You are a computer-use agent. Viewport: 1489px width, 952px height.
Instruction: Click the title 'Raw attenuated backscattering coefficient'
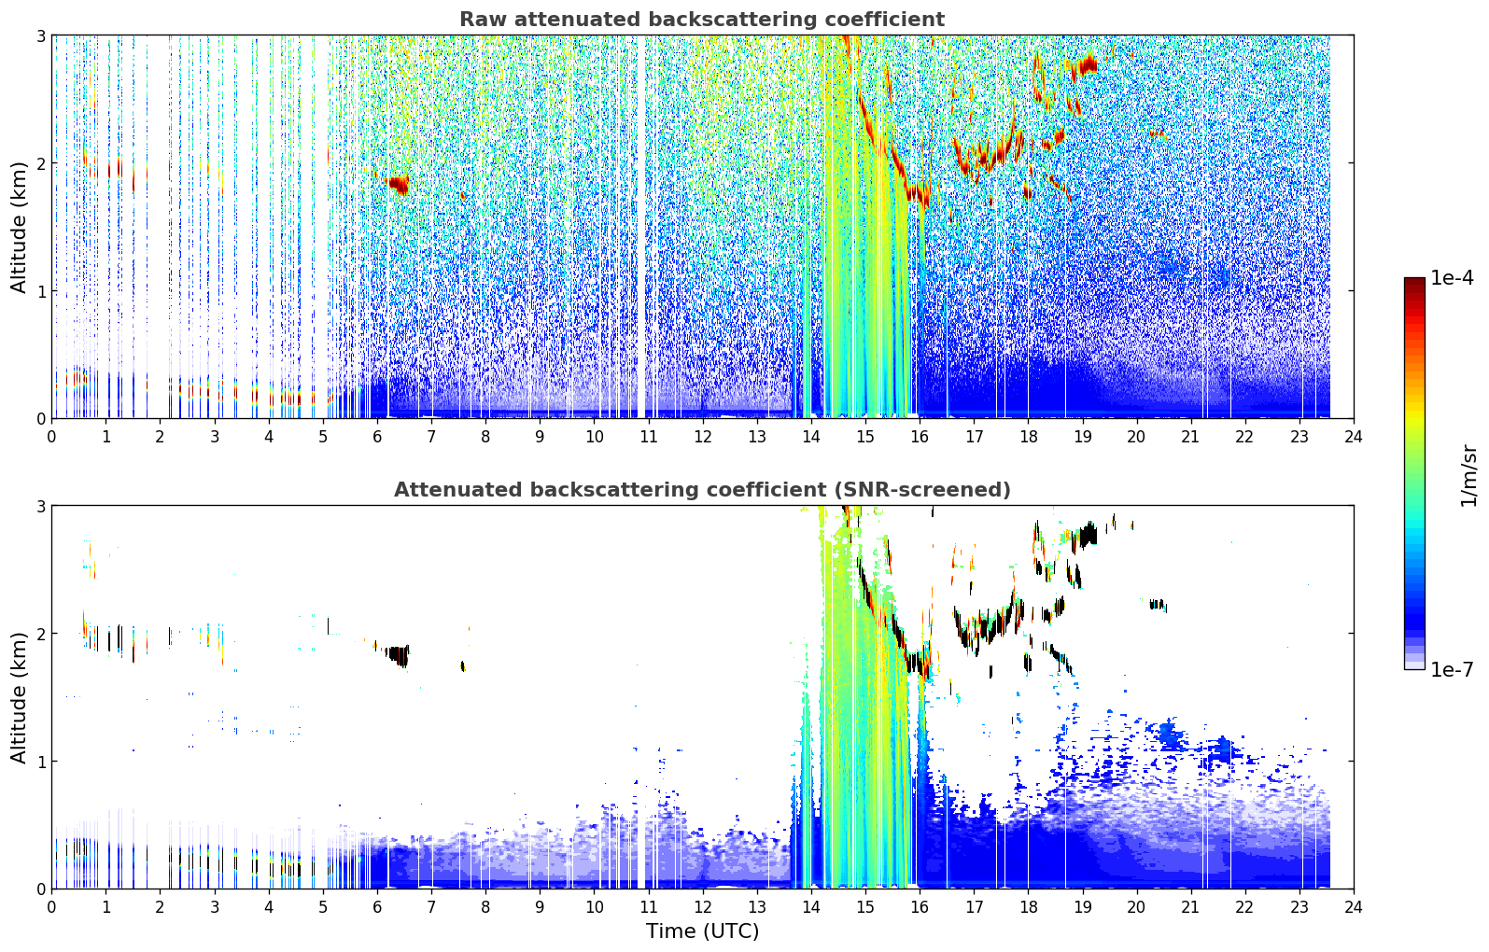click(x=702, y=20)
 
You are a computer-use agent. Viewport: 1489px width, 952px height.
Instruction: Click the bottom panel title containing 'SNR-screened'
click(x=702, y=489)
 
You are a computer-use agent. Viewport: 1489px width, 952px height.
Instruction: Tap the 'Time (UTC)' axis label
click(x=702, y=931)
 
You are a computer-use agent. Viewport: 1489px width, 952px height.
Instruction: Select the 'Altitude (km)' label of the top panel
click(x=19, y=228)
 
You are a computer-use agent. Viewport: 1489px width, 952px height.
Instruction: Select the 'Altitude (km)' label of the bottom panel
click(x=19, y=697)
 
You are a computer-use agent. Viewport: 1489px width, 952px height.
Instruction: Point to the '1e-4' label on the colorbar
click(x=1453, y=278)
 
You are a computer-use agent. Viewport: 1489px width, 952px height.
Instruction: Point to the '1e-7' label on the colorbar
click(x=1453, y=669)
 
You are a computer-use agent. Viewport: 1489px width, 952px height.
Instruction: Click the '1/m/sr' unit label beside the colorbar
click(x=1468, y=476)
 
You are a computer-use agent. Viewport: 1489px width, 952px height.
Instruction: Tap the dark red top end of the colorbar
click(x=1414, y=281)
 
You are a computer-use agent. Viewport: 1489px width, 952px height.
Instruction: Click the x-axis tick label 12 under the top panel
click(x=703, y=437)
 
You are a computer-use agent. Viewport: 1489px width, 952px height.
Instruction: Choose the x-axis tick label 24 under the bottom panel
click(x=1354, y=907)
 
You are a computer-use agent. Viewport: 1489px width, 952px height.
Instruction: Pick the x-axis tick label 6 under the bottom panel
click(x=377, y=907)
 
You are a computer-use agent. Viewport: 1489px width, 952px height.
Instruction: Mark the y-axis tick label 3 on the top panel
click(x=40, y=35)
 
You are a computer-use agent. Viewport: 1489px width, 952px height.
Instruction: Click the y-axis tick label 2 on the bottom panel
click(x=40, y=634)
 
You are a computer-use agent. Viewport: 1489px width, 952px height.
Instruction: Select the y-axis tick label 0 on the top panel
click(x=40, y=419)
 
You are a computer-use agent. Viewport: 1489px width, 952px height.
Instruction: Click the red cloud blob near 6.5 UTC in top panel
click(x=399, y=184)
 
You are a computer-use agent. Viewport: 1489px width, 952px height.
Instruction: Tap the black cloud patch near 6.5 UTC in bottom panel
click(x=399, y=655)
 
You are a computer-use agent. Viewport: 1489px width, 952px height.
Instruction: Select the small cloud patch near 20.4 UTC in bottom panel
click(x=1158, y=604)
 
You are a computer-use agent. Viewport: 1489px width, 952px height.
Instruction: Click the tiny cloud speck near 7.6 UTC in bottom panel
click(x=463, y=665)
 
